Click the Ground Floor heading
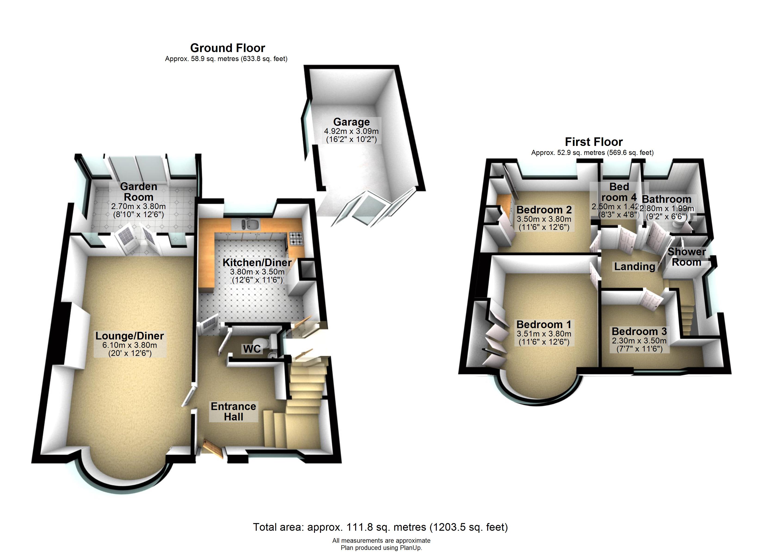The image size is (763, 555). point(228,48)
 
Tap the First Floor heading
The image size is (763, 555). point(594,142)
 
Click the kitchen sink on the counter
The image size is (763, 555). point(248,224)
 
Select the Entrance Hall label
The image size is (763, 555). point(234,411)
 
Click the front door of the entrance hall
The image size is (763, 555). point(213,449)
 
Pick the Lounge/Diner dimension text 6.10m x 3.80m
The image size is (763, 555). point(129,345)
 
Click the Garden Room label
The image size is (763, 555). point(138,191)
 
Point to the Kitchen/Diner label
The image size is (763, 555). point(257,262)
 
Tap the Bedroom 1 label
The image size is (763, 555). point(544,324)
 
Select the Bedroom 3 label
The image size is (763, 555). point(639,332)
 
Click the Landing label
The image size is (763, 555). point(634,267)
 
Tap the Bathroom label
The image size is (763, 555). point(666,199)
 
